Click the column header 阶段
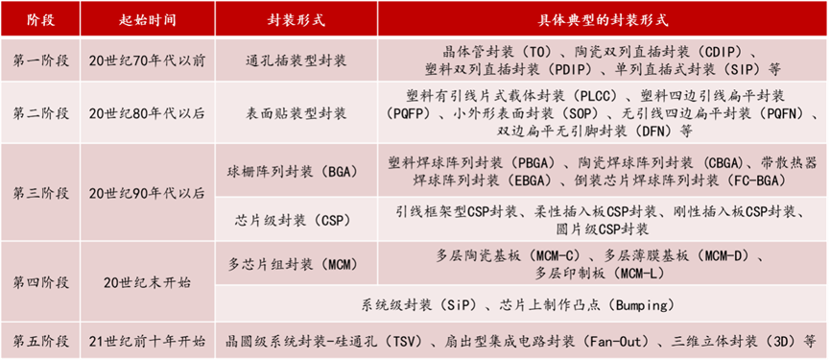click(x=40, y=19)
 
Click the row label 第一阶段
click(x=40, y=60)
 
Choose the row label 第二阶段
click(x=40, y=113)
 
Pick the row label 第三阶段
click(x=40, y=193)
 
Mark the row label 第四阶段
click(x=40, y=282)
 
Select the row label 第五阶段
click(x=40, y=341)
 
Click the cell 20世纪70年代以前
click(x=146, y=60)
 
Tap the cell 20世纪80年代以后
click(x=146, y=113)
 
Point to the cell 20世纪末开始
click(x=146, y=282)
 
